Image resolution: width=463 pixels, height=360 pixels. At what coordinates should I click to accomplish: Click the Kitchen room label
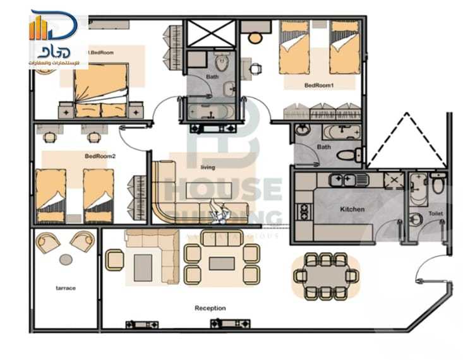[352, 208]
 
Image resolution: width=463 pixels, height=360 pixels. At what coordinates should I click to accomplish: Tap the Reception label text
[210, 308]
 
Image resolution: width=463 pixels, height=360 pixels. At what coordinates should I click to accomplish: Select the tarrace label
[65, 288]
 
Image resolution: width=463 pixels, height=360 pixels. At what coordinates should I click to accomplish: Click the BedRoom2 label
[100, 156]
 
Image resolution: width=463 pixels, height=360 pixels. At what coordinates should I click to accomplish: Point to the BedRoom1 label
[318, 85]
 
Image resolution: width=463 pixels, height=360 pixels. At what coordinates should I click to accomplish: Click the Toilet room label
[435, 213]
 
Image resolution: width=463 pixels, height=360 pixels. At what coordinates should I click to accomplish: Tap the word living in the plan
[207, 167]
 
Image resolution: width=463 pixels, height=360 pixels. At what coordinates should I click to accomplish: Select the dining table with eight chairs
[325, 276]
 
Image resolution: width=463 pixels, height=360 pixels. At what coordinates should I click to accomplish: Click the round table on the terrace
[66, 259]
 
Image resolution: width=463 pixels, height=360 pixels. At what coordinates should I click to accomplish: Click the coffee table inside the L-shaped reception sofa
[143, 267]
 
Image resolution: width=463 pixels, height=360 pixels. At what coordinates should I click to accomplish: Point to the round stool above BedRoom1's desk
[255, 38]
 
